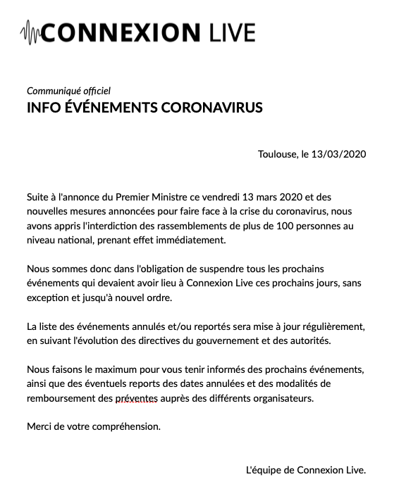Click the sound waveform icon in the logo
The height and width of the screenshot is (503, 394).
[31, 32]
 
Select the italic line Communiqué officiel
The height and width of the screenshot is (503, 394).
[68, 91]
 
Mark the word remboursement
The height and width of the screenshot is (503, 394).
[60, 398]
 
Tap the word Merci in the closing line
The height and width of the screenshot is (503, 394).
[39, 426]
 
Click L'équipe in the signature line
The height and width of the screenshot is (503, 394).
[262, 470]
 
